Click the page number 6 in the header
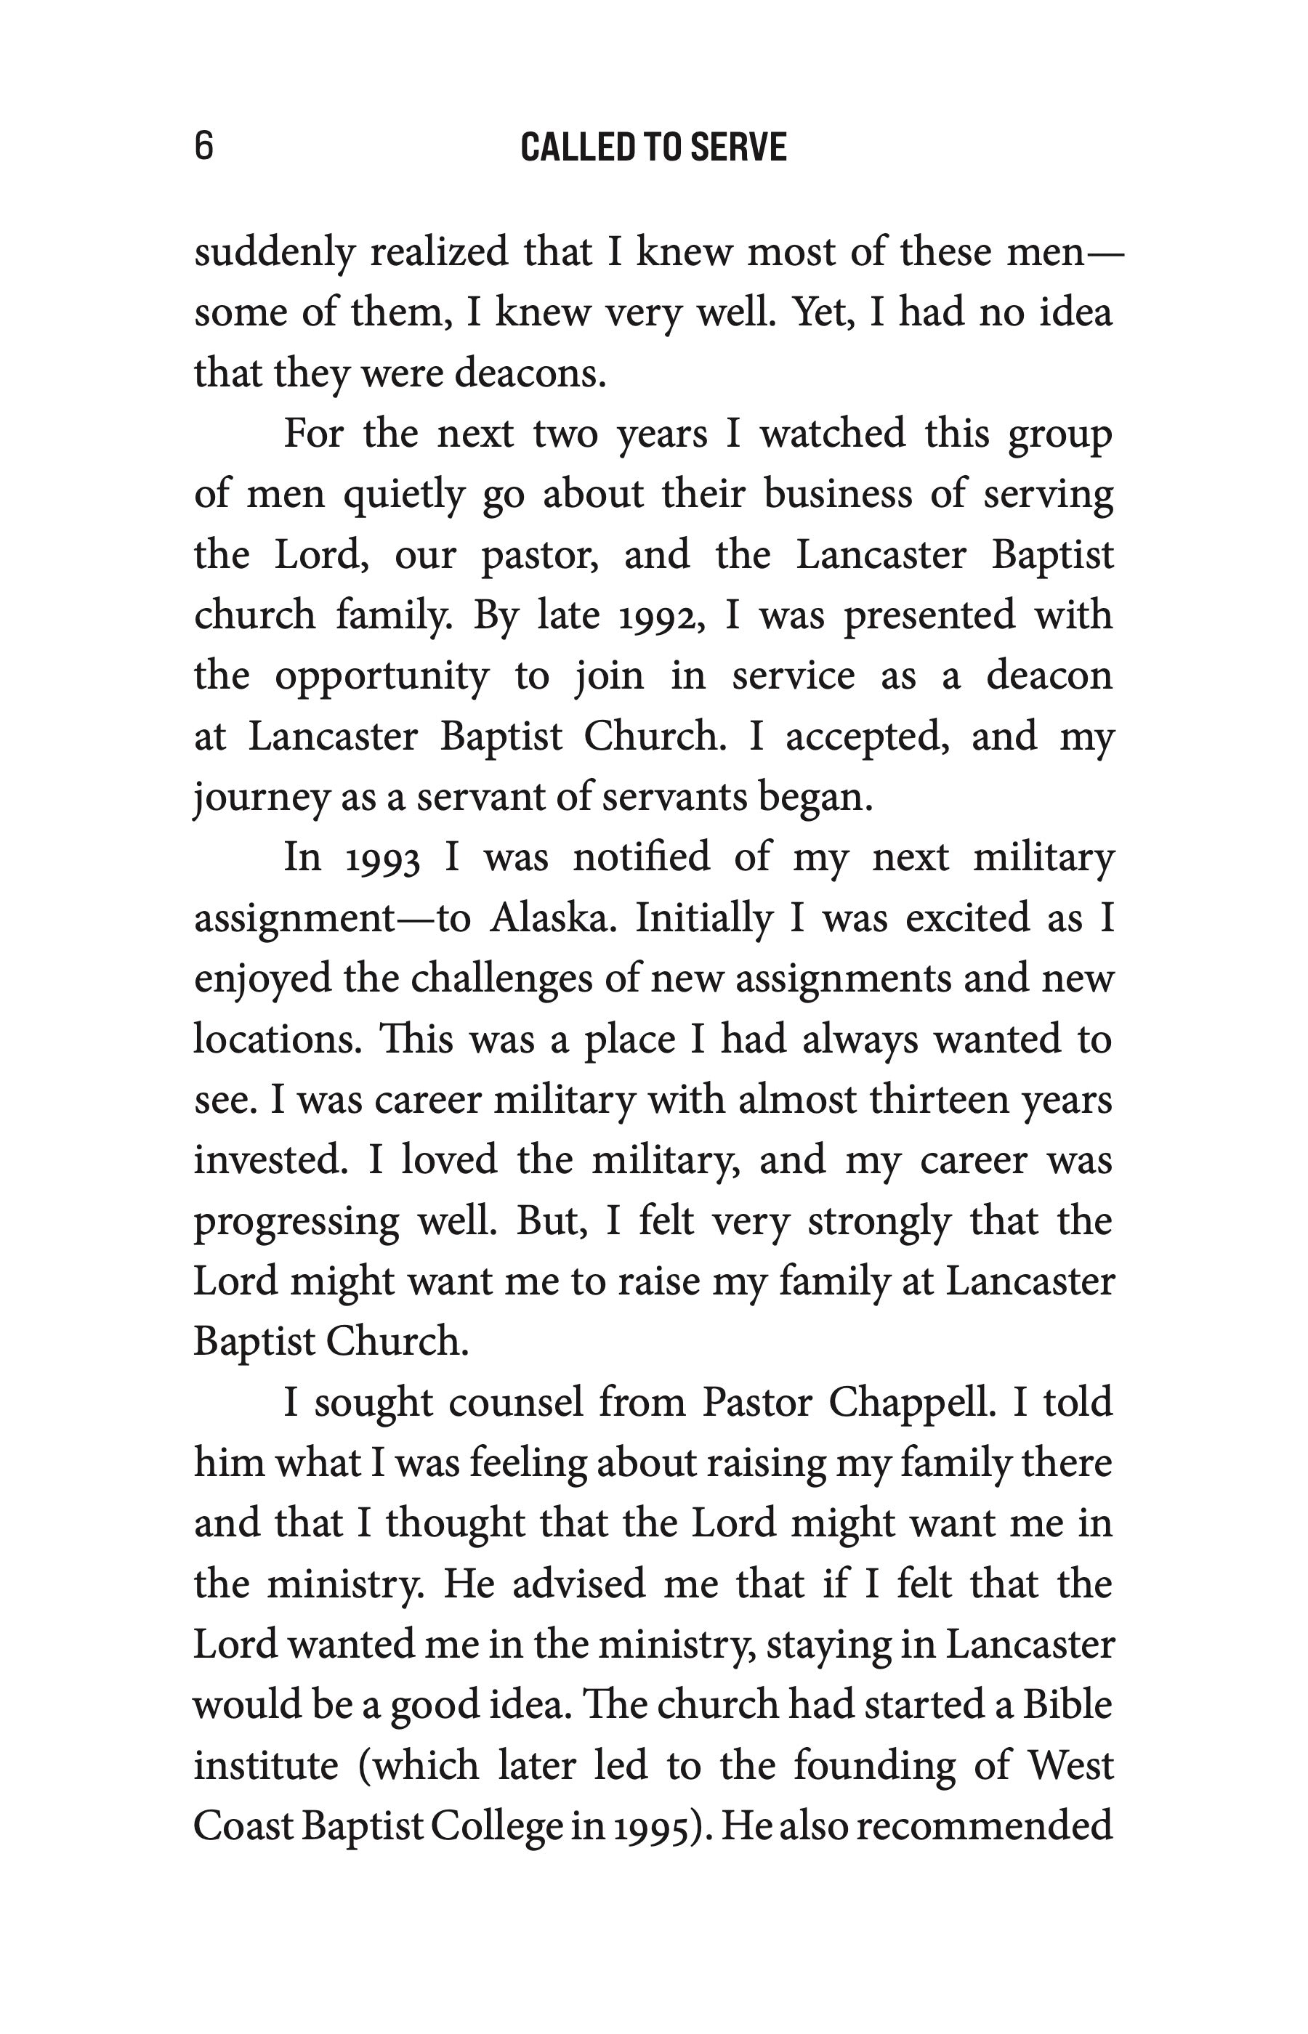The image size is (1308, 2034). [204, 146]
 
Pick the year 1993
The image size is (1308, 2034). [383, 858]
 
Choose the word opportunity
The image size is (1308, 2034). [381, 676]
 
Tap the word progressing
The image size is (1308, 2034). [296, 1222]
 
